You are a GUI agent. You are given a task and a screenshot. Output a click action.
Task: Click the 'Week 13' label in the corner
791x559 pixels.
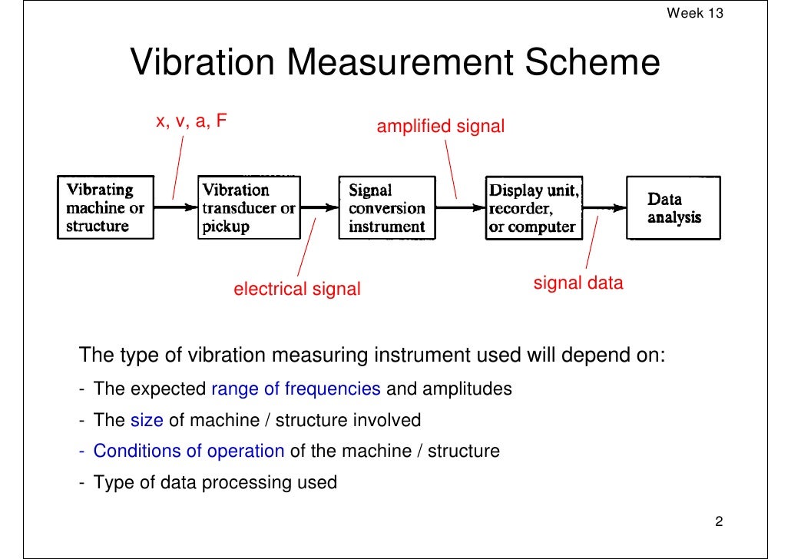pyautogui.click(x=695, y=13)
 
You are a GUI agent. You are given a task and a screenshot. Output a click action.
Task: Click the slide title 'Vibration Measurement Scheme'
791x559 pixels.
pyautogui.click(x=395, y=63)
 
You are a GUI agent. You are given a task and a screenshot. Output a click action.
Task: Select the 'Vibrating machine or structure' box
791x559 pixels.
pyautogui.click(x=105, y=208)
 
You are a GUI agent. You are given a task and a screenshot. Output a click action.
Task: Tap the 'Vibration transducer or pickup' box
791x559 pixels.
pyautogui.click(x=247, y=208)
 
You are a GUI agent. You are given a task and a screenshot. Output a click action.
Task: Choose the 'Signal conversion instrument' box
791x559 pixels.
pyautogui.click(x=386, y=208)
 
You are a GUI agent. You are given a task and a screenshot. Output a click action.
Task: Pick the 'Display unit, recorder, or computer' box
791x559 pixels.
pyautogui.click(x=534, y=208)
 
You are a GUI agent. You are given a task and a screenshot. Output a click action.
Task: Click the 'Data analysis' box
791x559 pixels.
pyautogui.click(x=674, y=208)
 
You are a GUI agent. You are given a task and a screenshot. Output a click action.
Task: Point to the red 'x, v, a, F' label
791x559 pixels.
pyautogui.click(x=191, y=121)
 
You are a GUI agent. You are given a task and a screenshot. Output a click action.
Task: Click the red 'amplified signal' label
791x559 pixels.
pyautogui.click(x=440, y=127)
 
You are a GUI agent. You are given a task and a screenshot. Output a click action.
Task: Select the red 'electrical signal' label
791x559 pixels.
pyautogui.click(x=296, y=289)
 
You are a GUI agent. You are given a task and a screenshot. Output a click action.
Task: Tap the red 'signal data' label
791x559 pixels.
pyautogui.click(x=578, y=283)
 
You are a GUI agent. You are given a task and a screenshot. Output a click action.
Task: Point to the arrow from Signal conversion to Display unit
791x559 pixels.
pyautogui.click(x=458, y=207)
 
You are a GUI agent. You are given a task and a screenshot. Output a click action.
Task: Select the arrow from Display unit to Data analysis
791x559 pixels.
pyautogui.click(x=604, y=207)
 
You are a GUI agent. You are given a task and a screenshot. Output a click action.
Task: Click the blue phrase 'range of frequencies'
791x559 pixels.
pyautogui.click(x=296, y=389)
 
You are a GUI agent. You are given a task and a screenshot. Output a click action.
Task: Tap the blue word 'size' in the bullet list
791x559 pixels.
pyautogui.click(x=147, y=420)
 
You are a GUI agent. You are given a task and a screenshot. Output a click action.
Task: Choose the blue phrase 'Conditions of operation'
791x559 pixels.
pyautogui.click(x=189, y=451)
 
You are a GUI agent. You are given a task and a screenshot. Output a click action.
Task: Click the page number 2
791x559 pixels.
pyautogui.click(x=719, y=523)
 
